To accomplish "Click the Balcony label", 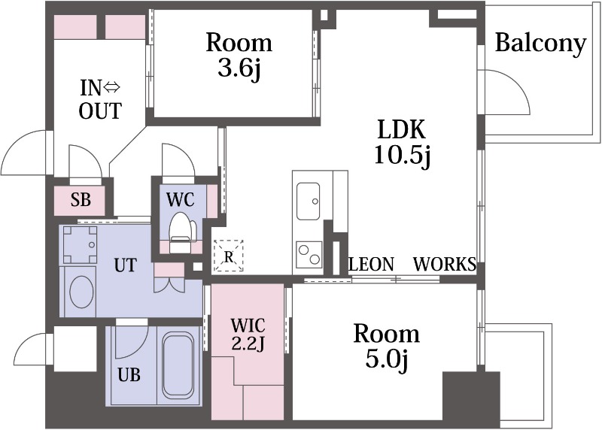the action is click(x=540, y=44).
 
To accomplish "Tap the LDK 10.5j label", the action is click(x=402, y=143).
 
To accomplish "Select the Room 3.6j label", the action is click(x=239, y=55).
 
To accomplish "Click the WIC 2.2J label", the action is click(x=248, y=334).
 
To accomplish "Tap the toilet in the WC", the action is click(x=180, y=233).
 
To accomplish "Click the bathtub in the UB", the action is click(x=178, y=365).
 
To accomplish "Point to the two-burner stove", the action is click(x=309, y=254).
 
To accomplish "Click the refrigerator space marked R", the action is click(x=229, y=256).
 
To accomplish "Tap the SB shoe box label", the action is click(x=81, y=200).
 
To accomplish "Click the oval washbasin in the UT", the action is click(x=81, y=292).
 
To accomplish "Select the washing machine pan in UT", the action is click(x=80, y=244).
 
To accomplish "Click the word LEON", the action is click(x=372, y=265).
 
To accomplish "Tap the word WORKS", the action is click(x=445, y=265).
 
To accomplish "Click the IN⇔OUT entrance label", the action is click(x=100, y=99).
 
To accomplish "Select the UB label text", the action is click(x=129, y=375).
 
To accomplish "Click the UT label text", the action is click(x=126, y=265).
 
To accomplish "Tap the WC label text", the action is click(x=180, y=199).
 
